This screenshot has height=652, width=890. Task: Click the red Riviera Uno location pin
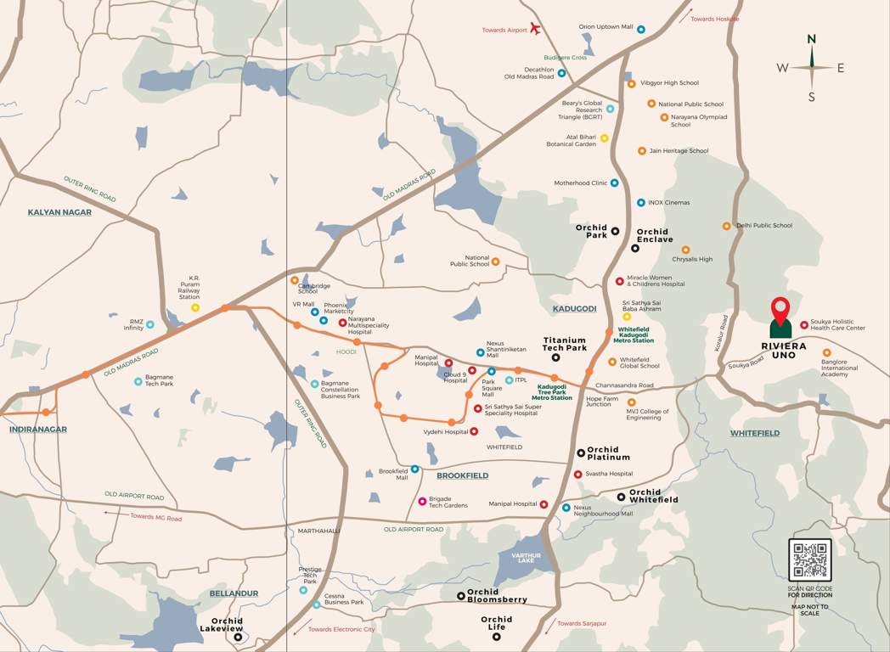tap(780, 309)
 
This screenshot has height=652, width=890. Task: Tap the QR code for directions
tap(809, 560)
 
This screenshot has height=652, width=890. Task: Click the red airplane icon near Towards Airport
tap(535, 29)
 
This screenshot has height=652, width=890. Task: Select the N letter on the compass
tap(811, 39)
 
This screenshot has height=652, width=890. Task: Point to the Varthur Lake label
tap(526, 557)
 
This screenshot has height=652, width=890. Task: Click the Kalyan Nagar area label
tap(59, 212)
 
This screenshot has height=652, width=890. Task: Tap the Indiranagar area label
tap(38, 430)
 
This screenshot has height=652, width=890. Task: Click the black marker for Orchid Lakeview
tap(239, 637)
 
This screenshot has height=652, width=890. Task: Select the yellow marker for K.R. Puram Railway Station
tap(195, 307)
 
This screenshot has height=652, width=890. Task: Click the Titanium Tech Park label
tap(565, 344)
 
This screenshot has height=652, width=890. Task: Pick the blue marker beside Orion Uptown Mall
tap(640, 29)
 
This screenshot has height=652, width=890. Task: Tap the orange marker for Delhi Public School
tap(726, 226)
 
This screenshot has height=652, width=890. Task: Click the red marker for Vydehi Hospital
tap(474, 431)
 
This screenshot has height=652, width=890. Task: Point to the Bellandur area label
tap(233, 593)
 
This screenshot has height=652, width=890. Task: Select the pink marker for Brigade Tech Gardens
tap(422, 501)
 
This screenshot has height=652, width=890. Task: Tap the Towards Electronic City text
tap(341, 629)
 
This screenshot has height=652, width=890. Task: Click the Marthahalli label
tap(318, 531)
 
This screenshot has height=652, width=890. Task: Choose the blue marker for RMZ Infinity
tap(150, 324)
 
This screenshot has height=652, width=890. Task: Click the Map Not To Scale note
tap(809, 610)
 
